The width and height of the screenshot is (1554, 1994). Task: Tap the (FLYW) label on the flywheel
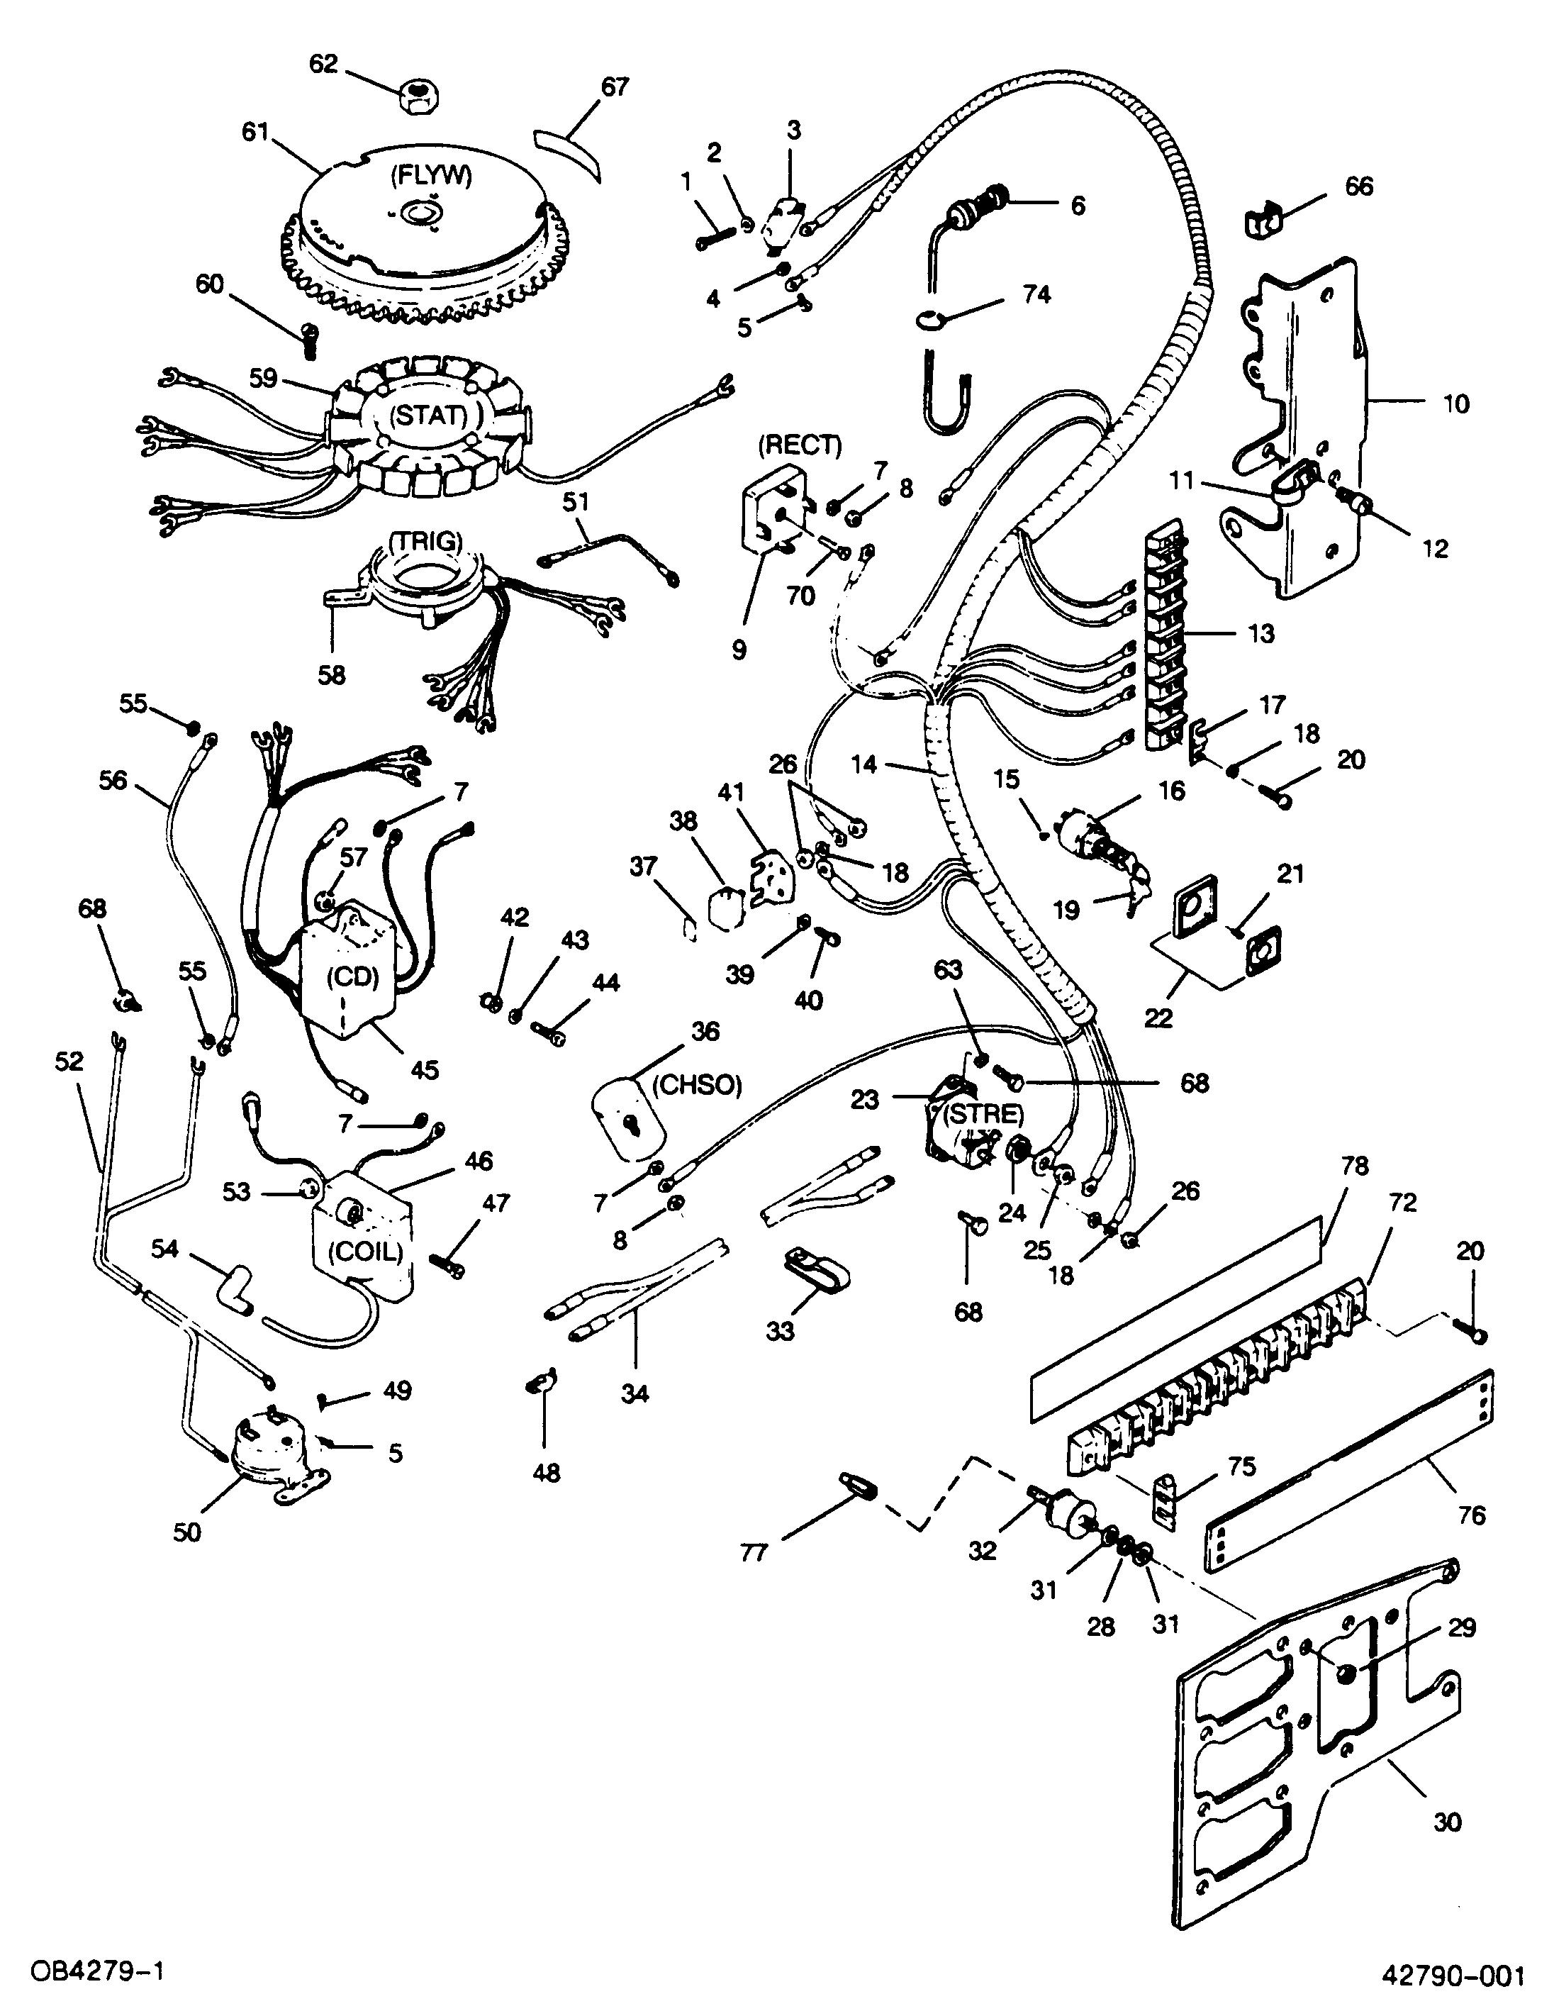coord(430,175)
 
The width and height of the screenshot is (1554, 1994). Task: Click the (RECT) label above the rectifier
coord(799,445)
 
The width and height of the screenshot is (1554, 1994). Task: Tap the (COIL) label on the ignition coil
coord(366,1251)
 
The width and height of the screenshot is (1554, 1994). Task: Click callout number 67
coord(615,87)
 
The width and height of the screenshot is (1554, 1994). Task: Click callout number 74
coord(1035,294)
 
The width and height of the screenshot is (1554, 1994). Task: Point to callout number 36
coord(705,1032)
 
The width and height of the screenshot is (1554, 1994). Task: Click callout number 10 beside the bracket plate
coord(1456,403)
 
